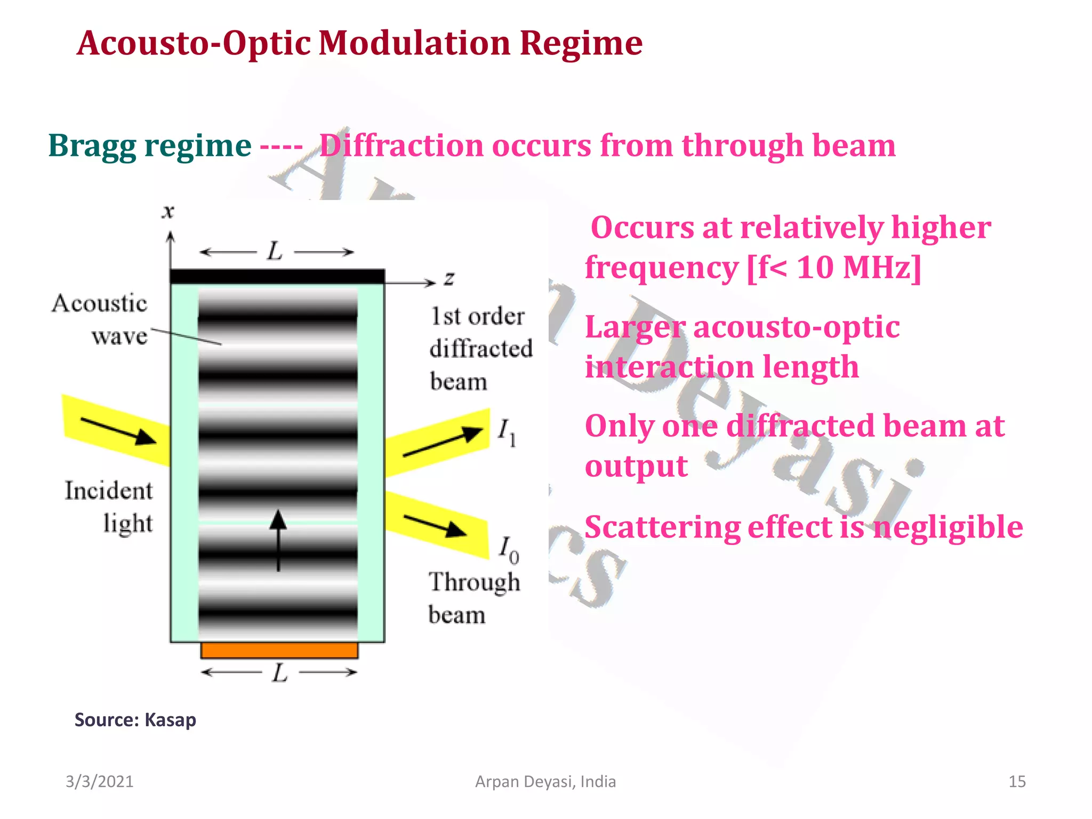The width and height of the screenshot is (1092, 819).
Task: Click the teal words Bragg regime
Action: [149, 146]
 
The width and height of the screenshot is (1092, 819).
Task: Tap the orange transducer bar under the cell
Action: [279, 650]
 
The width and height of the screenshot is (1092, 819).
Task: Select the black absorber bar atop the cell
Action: [277, 276]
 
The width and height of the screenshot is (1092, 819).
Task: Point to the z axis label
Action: [449, 278]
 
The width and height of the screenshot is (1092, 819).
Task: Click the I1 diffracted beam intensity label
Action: [507, 432]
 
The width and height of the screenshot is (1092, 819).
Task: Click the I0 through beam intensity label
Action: [508, 550]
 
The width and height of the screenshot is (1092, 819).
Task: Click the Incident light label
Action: [109, 507]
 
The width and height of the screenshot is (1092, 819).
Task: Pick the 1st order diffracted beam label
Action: [480, 349]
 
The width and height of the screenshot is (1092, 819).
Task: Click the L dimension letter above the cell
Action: [275, 251]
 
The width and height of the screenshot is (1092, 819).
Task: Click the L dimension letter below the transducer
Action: [279, 673]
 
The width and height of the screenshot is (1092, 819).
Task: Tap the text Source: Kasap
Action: [135, 720]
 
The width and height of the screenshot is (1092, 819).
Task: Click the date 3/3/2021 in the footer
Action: [99, 782]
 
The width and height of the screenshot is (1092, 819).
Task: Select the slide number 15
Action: [1017, 782]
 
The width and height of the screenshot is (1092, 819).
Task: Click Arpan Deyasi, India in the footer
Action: [545, 782]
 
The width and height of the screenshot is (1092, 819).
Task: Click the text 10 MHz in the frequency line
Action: [858, 267]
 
